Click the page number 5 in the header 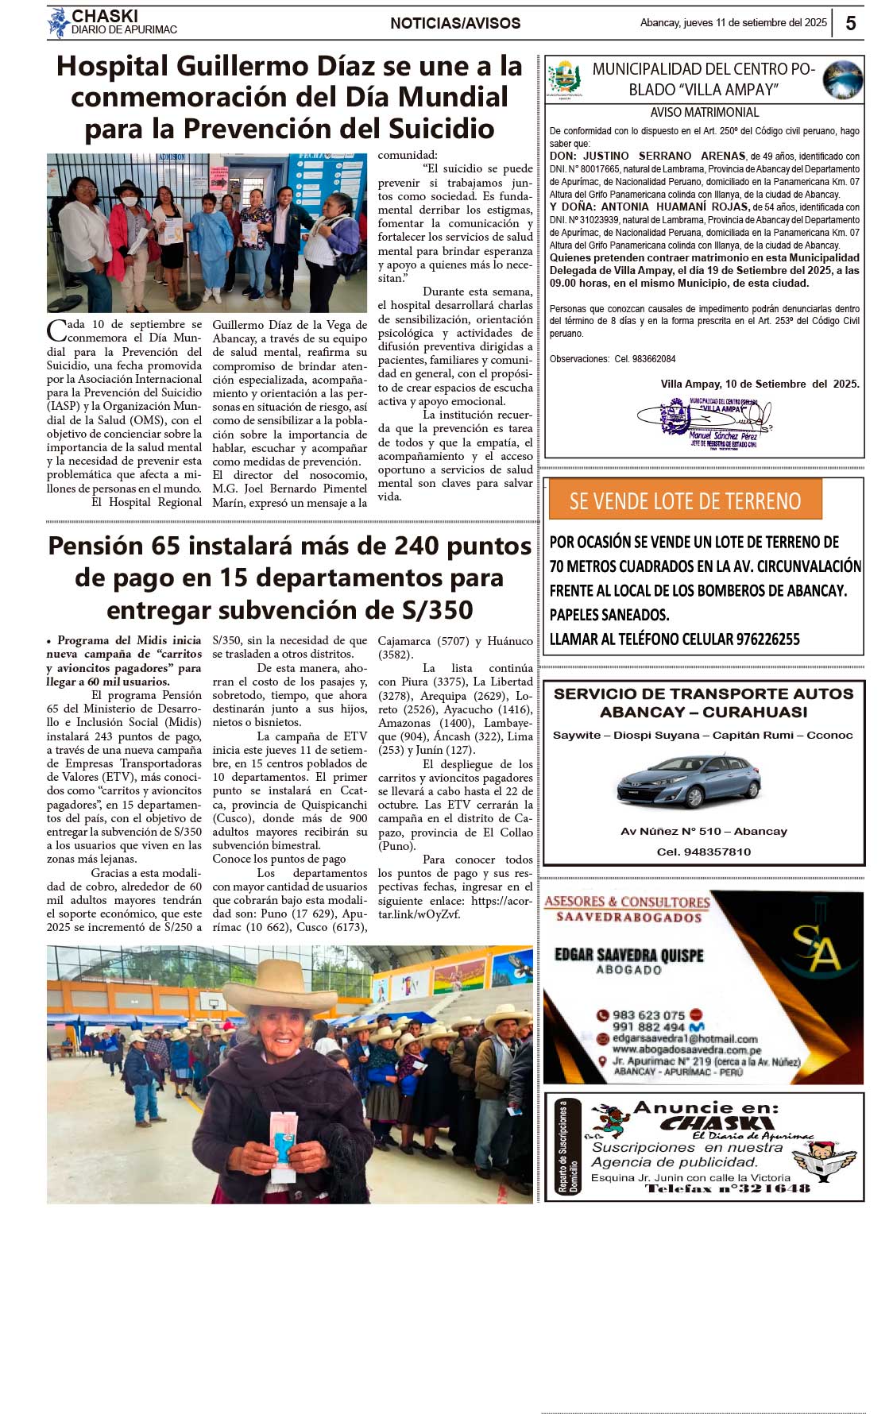pos(850,23)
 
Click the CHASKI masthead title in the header pos(105,16)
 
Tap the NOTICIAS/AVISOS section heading pos(455,24)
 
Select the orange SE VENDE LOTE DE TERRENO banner pos(685,500)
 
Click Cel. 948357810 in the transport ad pos(703,852)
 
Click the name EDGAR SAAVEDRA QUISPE pos(628,955)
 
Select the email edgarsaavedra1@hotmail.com pos(685,1038)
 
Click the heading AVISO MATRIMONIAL pos(704,113)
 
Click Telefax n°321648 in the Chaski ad pos(727,1188)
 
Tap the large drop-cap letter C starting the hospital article pos(56,330)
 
